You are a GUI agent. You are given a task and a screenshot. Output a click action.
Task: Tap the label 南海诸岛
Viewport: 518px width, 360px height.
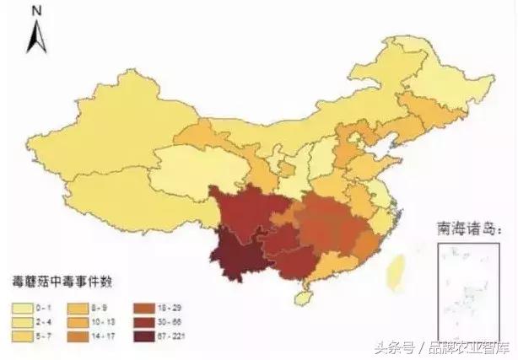462,228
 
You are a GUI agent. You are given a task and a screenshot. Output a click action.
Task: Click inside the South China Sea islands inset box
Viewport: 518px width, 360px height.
462,287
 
